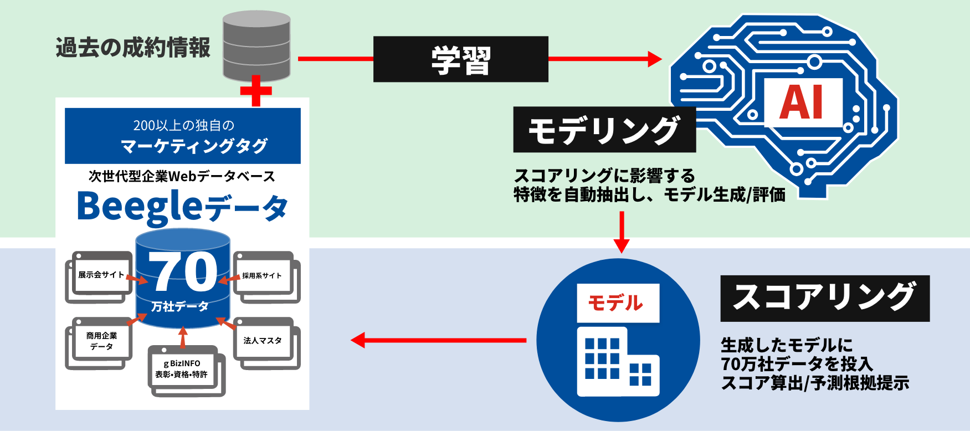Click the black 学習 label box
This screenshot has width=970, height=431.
point(460,59)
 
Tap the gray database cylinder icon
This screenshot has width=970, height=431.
point(256,45)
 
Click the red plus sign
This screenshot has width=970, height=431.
point(256,91)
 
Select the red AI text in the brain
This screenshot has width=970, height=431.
point(802,103)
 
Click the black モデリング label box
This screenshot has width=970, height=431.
point(604,130)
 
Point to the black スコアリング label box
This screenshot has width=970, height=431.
point(824,298)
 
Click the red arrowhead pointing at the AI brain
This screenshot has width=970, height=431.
point(654,59)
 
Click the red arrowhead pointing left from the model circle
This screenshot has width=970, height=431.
point(359,340)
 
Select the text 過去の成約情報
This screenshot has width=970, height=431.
point(133,48)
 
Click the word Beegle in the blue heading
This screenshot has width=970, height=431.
point(140,206)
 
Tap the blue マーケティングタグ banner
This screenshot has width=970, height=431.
point(183,136)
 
